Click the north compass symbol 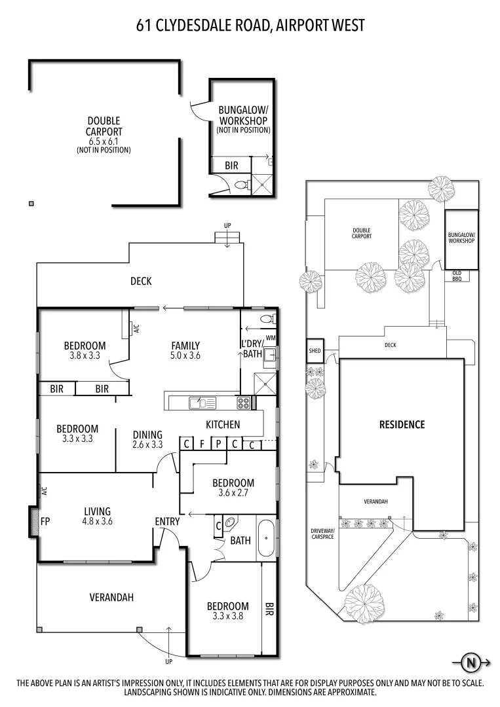coord(470,662)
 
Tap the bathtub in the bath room coord(265,538)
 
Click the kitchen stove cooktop coord(244,403)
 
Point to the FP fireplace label coord(45,523)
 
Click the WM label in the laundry coord(270,338)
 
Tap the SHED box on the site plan coord(315,351)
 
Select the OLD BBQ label coord(457,276)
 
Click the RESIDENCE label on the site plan coord(402,424)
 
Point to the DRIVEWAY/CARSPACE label coord(324,534)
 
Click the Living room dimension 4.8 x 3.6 coord(96,523)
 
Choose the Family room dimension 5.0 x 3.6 coord(185,356)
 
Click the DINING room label coord(147,435)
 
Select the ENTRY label coord(167,521)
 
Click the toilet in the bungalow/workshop coord(240,185)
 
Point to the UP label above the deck coord(227,226)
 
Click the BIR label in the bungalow coord(231,166)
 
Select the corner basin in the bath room coord(230,523)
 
